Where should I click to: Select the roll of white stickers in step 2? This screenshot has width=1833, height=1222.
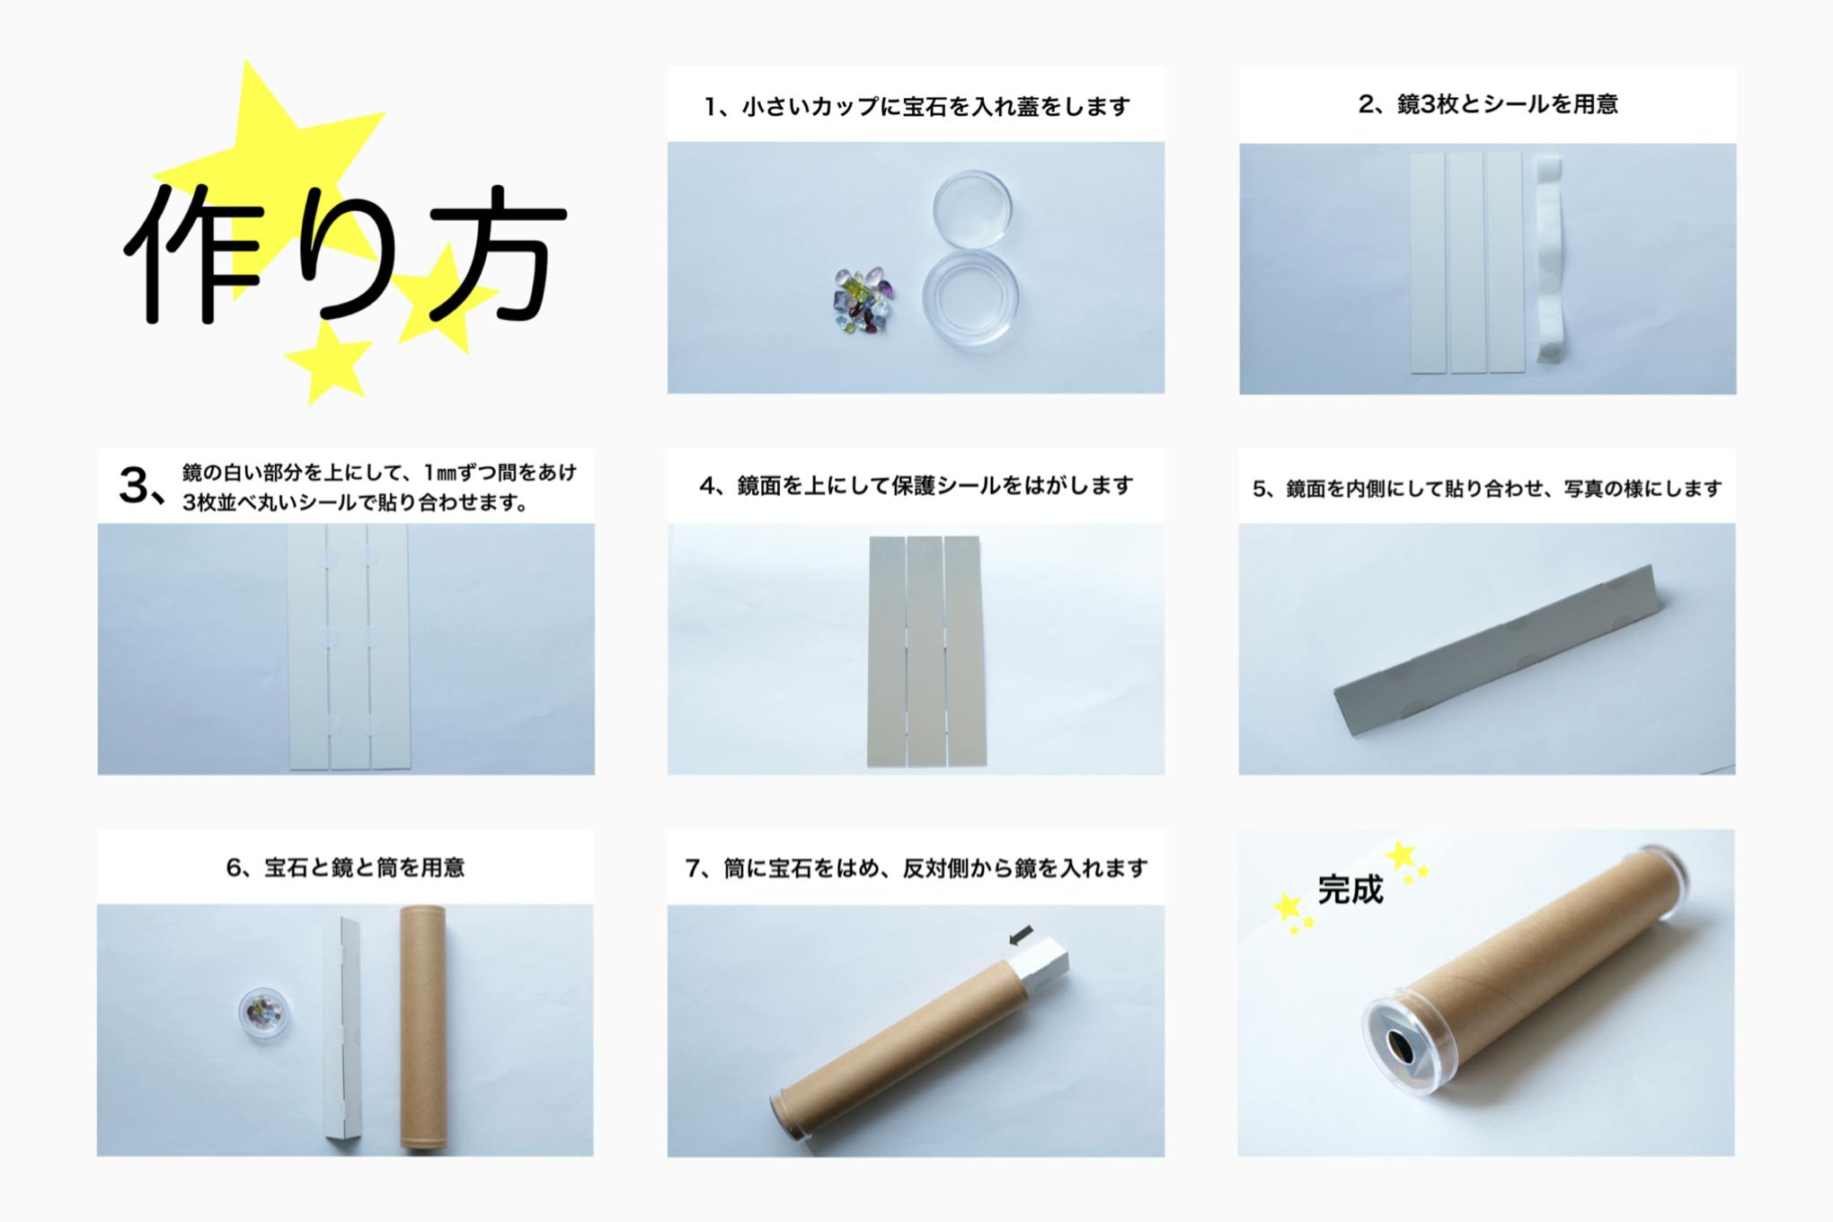tap(1549, 261)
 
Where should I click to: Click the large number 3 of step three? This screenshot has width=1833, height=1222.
tap(135, 486)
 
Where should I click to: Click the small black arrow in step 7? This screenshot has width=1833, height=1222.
tap(1021, 936)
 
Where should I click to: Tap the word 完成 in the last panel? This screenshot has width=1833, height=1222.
tap(1350, 890)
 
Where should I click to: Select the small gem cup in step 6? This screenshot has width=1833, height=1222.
tap(263, 1013)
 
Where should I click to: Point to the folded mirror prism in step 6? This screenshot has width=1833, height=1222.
tap(341, 1029)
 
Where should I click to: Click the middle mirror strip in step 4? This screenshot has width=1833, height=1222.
tap(925, 651)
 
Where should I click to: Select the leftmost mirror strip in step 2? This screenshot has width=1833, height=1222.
tap(1427, 262)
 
